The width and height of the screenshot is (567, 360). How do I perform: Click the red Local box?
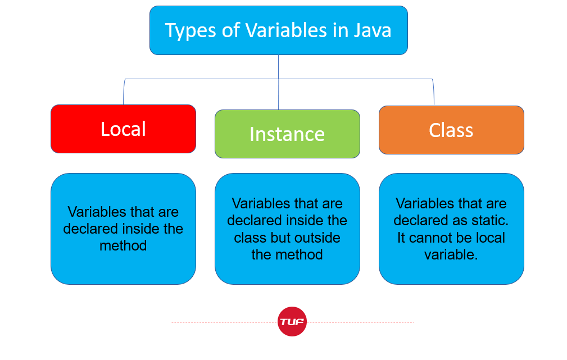pos(123,129)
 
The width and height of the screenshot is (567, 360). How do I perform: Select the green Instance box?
pos(287,134)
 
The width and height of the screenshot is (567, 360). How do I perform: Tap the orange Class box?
pos(451,130)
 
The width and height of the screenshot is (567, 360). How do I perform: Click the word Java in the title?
pos(372,30)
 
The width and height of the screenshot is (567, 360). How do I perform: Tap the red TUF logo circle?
pos(292,322)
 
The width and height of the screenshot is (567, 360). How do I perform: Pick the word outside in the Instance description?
pos(317,238)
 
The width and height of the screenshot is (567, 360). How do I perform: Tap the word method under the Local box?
pos(123,245)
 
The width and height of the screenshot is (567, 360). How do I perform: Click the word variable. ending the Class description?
pos(451,254)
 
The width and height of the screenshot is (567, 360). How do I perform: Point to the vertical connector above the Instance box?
pos(279,84)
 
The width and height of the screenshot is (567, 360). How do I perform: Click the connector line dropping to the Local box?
pos(124,93)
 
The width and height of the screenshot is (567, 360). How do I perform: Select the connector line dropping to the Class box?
pos(434,93)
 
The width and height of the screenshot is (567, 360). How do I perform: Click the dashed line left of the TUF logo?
pos(225,322)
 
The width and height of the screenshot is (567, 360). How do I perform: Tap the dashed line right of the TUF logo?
pos(360,322)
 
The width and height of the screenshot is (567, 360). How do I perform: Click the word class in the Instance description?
pos(250,238)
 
